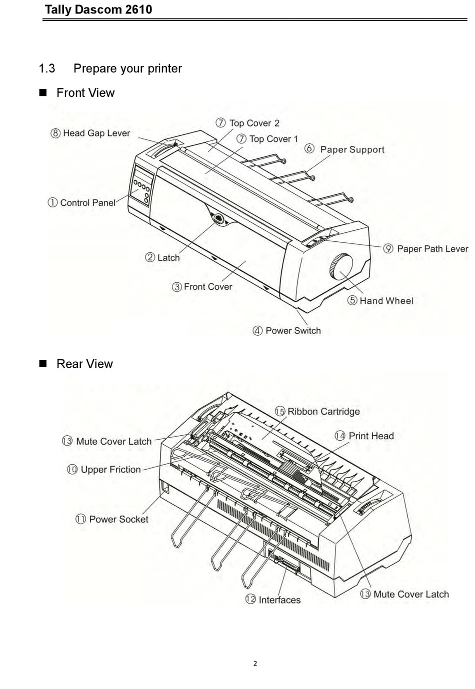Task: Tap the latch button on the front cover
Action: click(218, 218)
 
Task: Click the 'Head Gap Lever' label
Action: click(96, 133)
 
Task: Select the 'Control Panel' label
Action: click(87, 203)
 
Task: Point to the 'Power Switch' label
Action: click(293, 331)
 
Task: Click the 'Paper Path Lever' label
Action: click(432, 249)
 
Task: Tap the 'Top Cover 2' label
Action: click(254, 123)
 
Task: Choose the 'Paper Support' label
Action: click(352, 149)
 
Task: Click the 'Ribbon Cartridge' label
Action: click(323, 412)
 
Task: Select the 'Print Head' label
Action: click(371, 436)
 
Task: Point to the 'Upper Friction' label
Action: click(110, 470)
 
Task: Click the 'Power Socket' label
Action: click(118, 520)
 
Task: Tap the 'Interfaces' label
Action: click(279, 600)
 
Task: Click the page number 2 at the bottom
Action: click(255, 664)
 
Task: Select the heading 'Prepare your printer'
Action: click(127, 68)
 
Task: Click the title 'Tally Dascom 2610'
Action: click(98, 9)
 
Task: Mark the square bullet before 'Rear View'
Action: click(42, 364)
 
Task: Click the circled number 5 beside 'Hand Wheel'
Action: click(352, 301)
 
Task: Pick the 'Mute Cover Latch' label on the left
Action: click(113, 442)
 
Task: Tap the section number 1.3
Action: click(47, 68)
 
